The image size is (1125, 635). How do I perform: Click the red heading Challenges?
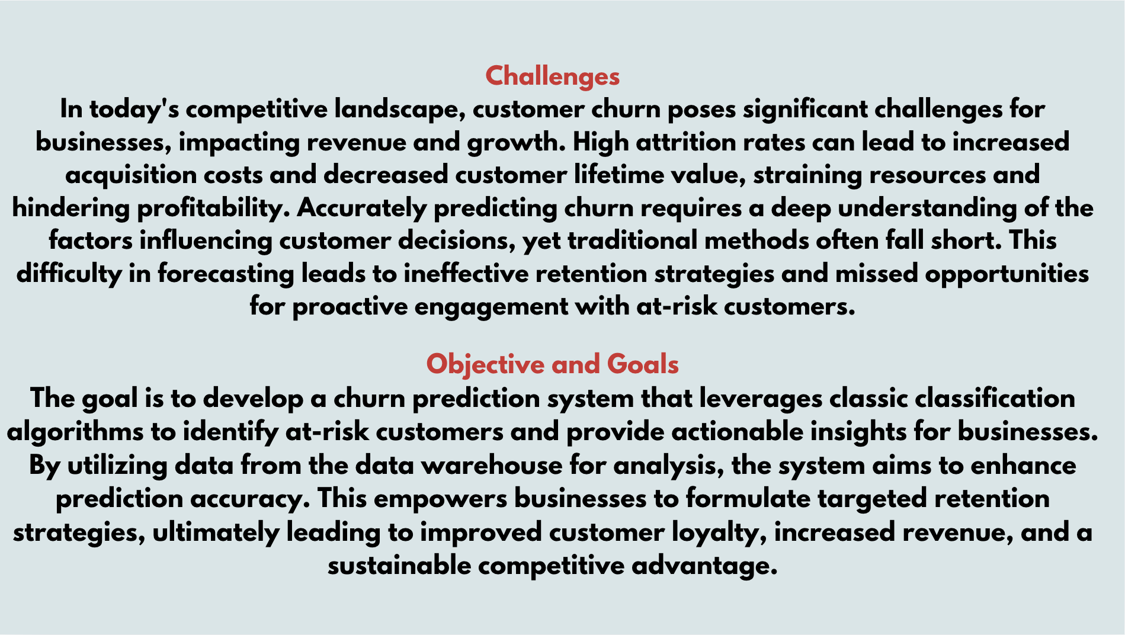pos(552,77)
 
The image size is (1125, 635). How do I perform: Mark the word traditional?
pos(632,240)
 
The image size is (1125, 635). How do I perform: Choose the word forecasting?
pos(226,274)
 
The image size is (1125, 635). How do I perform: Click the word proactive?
pos(350,307)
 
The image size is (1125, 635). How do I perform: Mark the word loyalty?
pos(719,533)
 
